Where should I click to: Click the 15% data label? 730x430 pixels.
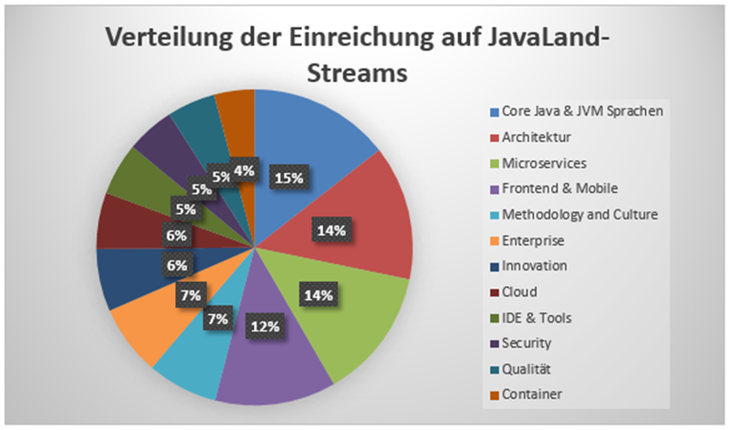tap(288, 179)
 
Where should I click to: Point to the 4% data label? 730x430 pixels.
tap(243, 169)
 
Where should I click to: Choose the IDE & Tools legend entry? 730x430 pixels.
tap(528, 317)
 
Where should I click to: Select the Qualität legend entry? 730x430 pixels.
tap(523, 369)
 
